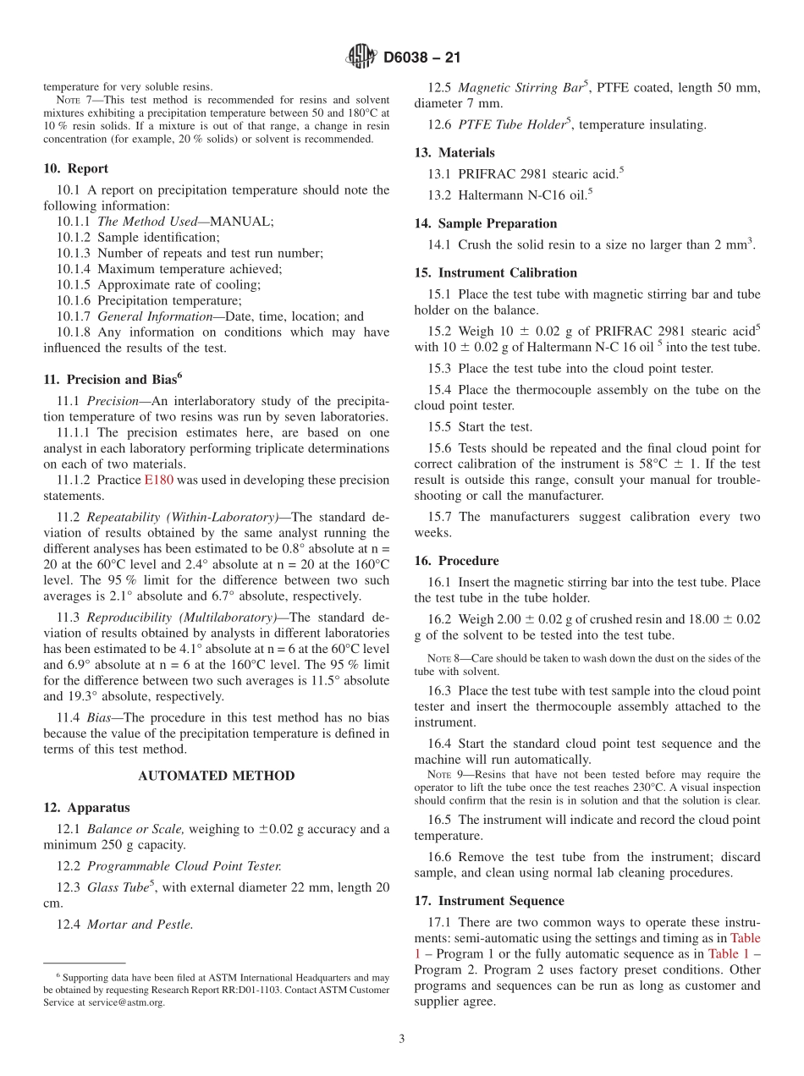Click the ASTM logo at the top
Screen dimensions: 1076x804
tap(361, 58)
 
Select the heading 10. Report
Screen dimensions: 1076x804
tap(76, 169)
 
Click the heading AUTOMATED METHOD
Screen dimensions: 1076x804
tap(217, 776)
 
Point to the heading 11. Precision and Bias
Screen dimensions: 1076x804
tap(113, 380)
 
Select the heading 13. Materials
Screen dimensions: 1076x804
tap(454, 153)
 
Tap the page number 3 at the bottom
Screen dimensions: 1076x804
tap(402, 1039)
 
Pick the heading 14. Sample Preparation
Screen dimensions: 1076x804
tap(486, 224)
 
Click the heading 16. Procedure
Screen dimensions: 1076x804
tap(456, 561)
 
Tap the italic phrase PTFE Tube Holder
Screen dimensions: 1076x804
tap(509, 125)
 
